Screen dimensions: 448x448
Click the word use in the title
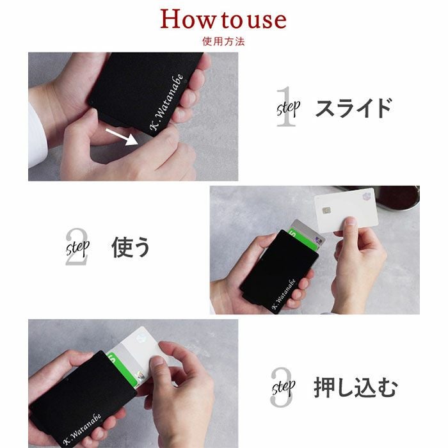coord(263,20)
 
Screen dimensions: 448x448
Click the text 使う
coord(131,247)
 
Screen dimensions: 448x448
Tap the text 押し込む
coord(355,388)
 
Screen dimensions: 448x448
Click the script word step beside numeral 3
coord(284,387)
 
